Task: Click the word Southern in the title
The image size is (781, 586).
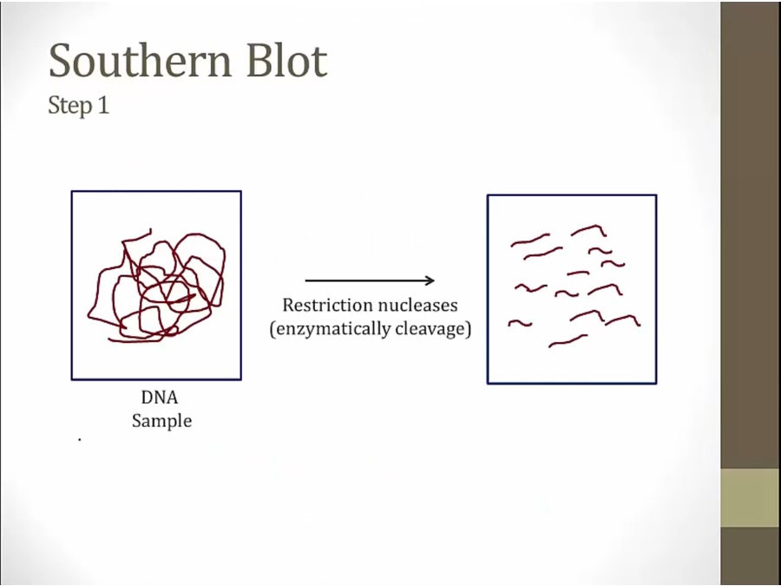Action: click(x=141, y=60)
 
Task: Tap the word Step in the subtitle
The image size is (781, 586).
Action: click(x=70, y=106)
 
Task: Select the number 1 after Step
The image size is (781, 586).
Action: click(x=103, y=105)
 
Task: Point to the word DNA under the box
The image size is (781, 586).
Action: click(x=160, y=398)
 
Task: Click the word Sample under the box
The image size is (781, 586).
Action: click(x=162, y=421)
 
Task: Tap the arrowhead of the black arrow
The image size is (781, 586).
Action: click(x=429, y=280)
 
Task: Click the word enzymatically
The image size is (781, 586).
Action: click(x=330, y=329)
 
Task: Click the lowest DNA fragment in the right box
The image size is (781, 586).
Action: click(x=568, y=342)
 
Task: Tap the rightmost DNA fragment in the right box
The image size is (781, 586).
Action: click(x=623, y=319)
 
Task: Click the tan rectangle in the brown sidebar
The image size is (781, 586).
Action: click(x=751, y=497)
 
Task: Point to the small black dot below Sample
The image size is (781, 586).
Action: click(x=80, y=439)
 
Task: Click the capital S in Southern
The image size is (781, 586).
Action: click(x=59, y=61)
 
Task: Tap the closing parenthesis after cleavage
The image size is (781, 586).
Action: click(x=468, y=329)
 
